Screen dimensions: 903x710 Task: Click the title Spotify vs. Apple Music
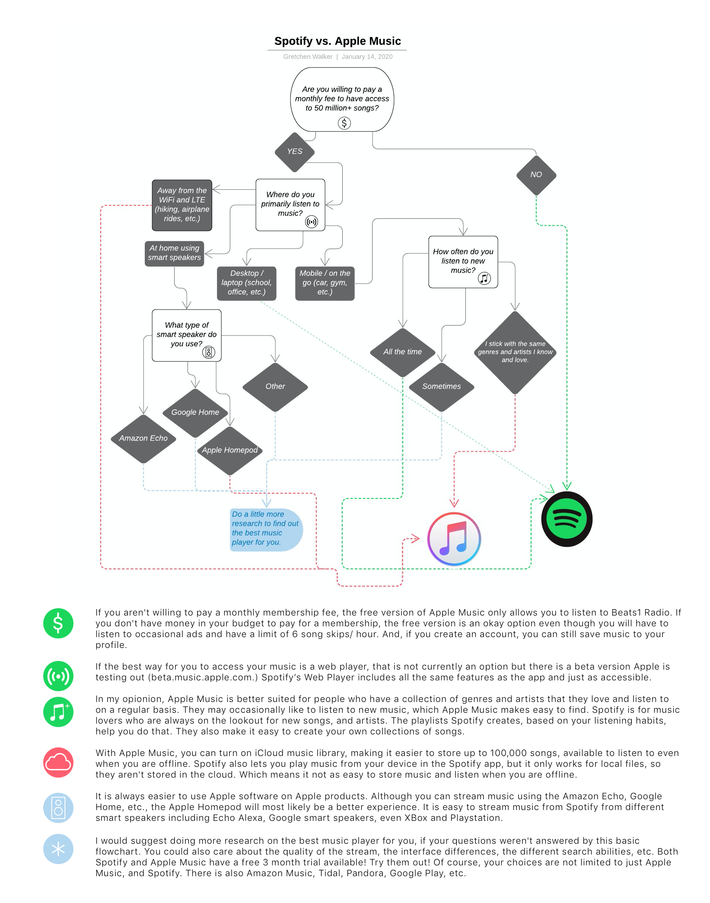point(337,41)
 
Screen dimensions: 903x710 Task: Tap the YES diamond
point(295,152)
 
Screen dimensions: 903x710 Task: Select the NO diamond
point(536,175)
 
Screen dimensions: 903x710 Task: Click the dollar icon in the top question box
point(344,123)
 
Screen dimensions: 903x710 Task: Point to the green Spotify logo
point(567,519)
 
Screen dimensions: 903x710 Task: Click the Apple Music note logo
point(454,539)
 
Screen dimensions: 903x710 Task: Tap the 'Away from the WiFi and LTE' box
point(182,205)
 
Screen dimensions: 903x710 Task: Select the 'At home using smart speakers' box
point(174,253)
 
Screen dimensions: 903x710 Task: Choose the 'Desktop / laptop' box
point(246,283)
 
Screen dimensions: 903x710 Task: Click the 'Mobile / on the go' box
point(325,283)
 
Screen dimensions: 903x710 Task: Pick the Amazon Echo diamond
point(143,438)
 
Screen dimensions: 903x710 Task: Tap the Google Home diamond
point(195,412)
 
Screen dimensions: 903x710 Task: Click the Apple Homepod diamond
point(230,450)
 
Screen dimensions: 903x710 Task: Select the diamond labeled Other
point(275,386)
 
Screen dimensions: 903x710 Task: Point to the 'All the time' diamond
point(402,352)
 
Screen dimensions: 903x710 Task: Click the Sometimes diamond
point(441,386)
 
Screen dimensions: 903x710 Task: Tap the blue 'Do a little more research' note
point(265,529)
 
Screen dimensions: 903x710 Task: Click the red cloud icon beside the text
point(58,763)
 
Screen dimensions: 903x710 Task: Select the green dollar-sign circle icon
point(58,623)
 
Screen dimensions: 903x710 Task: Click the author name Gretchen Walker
point(308,57)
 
